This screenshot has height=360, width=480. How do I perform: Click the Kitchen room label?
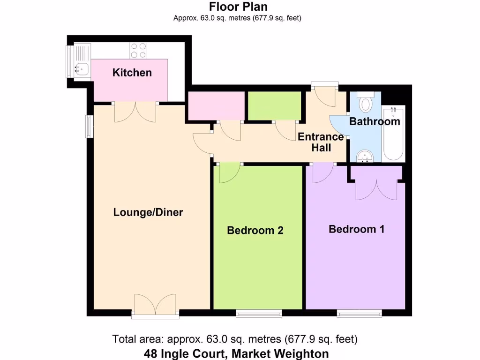132,73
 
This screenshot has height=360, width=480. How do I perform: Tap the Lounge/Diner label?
148,212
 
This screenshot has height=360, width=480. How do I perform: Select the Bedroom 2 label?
255,230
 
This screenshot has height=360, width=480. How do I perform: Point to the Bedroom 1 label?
356,229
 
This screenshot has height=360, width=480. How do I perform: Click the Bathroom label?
375,122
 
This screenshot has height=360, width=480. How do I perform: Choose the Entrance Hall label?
321,142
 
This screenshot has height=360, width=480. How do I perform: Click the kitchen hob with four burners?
138,50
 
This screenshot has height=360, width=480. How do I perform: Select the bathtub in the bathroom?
393,134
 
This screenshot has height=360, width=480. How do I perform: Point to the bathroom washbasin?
364,156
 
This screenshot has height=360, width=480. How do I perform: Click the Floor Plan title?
238,7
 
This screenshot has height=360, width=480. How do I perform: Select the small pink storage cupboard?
216,105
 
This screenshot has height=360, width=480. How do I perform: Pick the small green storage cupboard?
274,105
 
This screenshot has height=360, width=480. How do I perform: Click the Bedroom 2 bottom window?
259,314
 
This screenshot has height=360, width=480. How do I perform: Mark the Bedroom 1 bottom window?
359,314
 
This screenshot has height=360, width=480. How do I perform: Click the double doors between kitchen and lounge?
135,112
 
